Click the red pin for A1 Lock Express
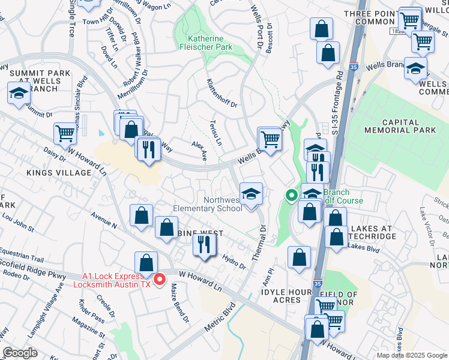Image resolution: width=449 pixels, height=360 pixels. pos(160,279)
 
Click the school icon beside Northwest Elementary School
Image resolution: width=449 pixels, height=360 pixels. pos(251,194)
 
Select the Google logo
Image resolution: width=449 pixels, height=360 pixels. pos(20,353)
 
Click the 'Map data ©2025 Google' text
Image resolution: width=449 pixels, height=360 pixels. pos(412,355)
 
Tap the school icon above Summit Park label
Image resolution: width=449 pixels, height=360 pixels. pos(19,94)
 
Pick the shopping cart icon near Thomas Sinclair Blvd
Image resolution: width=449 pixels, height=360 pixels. pos(65,134)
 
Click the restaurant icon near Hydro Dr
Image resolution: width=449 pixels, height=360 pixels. pos(205,244)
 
